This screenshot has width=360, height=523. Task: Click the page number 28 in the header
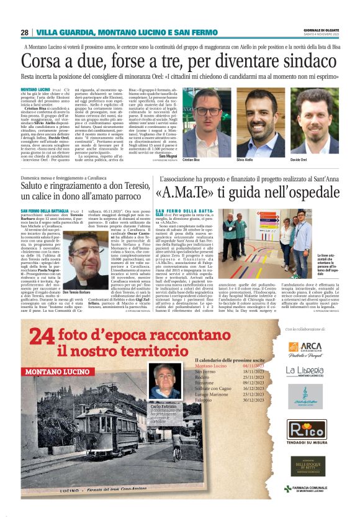click(24, 32)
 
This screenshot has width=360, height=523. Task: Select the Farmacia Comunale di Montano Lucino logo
click(310, 488)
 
